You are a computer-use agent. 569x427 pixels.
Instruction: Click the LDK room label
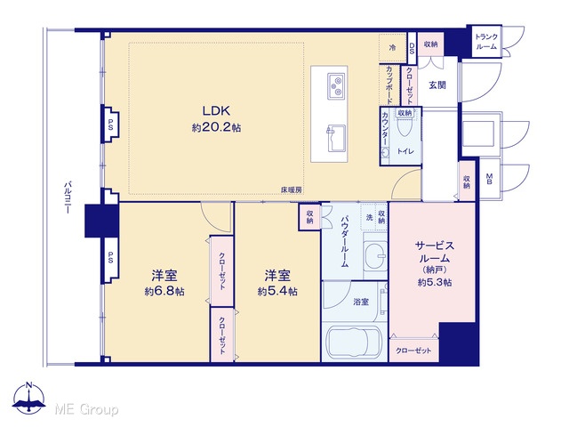tap(217, 110)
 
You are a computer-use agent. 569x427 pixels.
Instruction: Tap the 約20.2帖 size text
tap(217, 128)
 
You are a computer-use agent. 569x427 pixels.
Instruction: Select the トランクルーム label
tap(486, 42)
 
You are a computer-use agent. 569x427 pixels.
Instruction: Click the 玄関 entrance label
tap(437, 85)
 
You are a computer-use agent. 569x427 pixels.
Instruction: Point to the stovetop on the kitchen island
tap(336, 86)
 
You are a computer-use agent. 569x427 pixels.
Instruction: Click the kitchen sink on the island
tap(336, 139)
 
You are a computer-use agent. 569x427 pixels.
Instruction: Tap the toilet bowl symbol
tap(405, 126)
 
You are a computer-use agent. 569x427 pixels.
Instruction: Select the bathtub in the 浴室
tap(354, 342)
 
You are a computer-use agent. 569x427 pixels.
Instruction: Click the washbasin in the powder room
tap(376, 255)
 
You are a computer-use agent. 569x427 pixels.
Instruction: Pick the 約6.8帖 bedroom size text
tap(164, 291)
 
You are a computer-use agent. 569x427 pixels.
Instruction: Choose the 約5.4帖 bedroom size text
tap(277, 291)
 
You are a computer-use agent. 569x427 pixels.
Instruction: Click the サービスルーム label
tap(435, 253)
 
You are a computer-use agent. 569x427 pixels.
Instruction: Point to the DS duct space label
tap(412, 48)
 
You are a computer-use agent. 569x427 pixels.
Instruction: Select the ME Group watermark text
tap(86, 409)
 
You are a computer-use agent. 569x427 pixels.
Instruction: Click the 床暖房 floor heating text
tap(292, 189)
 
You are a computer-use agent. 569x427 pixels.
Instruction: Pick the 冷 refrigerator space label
tap(392, 47)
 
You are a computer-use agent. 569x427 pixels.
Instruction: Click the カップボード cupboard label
tap(389, 85)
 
